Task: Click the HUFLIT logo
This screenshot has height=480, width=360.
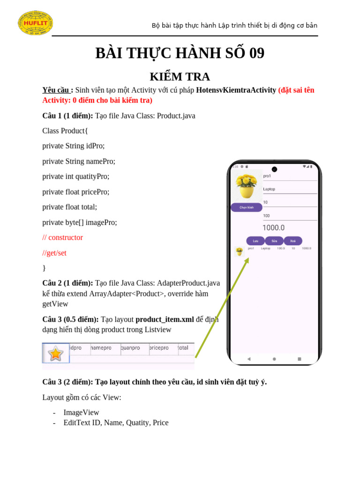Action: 35,23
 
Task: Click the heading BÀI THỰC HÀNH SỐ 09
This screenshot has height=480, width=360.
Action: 180,53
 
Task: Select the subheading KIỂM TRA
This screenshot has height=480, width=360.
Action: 180,76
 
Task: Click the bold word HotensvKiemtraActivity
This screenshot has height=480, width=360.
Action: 236,90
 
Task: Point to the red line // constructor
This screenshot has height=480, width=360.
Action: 62,238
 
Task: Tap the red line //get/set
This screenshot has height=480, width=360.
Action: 54,253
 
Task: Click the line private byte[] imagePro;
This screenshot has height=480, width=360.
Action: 80,223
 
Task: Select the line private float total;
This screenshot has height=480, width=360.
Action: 70,207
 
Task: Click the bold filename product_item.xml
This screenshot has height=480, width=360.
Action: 165,320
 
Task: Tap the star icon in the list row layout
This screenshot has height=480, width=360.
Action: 56,353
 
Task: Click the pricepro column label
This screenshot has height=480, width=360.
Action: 159,348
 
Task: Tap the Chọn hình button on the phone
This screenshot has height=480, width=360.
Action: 247,207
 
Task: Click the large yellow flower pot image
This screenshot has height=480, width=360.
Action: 246,186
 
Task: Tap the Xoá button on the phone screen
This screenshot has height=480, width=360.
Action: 292,241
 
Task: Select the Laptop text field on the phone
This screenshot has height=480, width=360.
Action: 289,189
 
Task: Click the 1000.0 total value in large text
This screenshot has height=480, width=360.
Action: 273,228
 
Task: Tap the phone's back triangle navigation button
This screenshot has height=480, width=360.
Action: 249,359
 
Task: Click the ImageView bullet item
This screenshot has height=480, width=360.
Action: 81,412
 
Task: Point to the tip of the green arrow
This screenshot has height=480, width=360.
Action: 247,258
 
